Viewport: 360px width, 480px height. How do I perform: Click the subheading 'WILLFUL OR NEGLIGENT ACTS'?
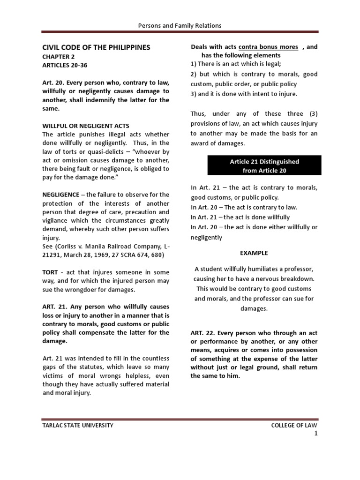[86, 126]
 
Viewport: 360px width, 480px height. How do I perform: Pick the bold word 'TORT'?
[50, 272]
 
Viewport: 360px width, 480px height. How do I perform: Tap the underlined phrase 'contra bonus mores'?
[268, 47]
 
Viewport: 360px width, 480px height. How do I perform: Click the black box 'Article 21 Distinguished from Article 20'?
[264, 166]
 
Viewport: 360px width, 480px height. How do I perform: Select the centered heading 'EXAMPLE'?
[254, 253]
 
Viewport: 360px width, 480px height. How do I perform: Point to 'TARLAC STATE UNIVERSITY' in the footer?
[78, 425]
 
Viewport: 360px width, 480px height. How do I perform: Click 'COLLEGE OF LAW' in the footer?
[294, 425]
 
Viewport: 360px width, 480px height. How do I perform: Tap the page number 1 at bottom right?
[316, 434]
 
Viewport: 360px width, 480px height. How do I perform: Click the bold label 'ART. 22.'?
[202, 333]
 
